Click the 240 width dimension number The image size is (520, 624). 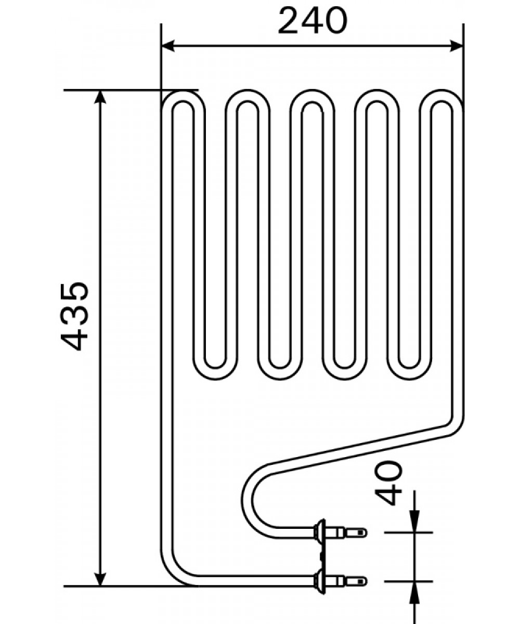coord(313,21)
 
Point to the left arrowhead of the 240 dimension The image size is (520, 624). coord(167,46)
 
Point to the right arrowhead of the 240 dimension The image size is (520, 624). coord(457,46)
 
